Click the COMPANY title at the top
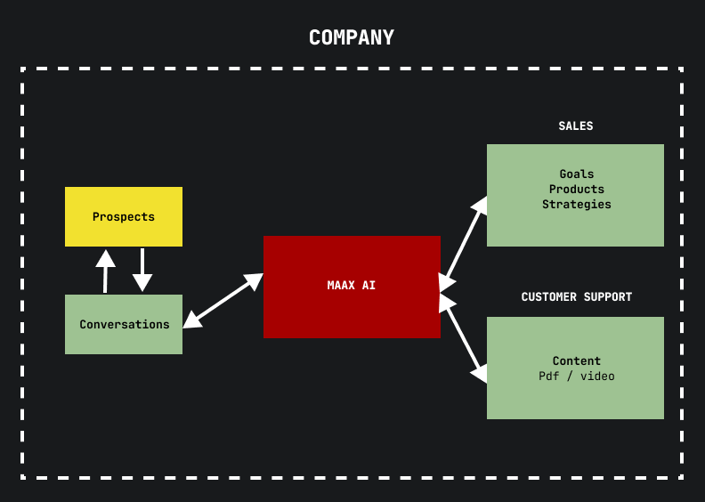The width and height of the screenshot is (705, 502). [x=352, y=38]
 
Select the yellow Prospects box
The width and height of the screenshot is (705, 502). [x=124, y=216]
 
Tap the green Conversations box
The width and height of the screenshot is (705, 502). [x=124, y=324]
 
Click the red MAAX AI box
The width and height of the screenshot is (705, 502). [x=352, y=286]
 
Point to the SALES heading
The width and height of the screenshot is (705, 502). [x=576, y=126]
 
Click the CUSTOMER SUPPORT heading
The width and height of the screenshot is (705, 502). [x=577, y=297]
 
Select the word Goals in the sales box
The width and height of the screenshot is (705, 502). [x=577, y=174]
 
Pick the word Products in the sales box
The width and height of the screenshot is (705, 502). [x=577, y=190]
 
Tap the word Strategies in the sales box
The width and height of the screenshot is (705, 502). [x=577, y=205]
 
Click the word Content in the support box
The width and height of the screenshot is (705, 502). [x=577, y=361]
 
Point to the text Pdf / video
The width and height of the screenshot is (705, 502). [x=577, y=376]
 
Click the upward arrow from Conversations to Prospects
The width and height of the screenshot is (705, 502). [x=105, y=271]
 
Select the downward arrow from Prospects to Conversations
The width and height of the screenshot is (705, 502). [x=142, y=270]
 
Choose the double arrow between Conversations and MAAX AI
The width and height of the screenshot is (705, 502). [x=223, y=301]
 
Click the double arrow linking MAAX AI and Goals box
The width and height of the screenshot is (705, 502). [x=464, y=243]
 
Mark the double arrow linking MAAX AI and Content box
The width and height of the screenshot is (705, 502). [x=464, y=338]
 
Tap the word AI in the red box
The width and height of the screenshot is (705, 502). [x=369, y=286]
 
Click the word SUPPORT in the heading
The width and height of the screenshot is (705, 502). [x=607, y=297]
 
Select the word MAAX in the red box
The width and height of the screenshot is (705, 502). [x=342, y=286]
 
